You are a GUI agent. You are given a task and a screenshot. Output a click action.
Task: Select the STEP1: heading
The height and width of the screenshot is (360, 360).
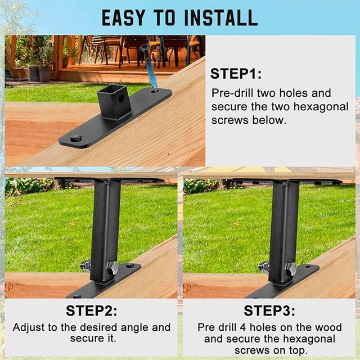coord(236,74)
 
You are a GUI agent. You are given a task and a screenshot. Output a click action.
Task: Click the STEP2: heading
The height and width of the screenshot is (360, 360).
coord(92,310)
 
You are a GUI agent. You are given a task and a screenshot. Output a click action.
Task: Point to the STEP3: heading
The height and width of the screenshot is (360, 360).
coord(269,310)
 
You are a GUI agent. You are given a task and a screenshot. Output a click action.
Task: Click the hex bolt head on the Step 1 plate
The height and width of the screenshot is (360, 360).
coord(76,138)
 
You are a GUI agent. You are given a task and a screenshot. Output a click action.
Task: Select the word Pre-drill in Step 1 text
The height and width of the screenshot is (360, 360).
coord(232,93)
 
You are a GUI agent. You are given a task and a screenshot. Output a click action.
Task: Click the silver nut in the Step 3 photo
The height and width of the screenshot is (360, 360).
coord(264,267)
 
